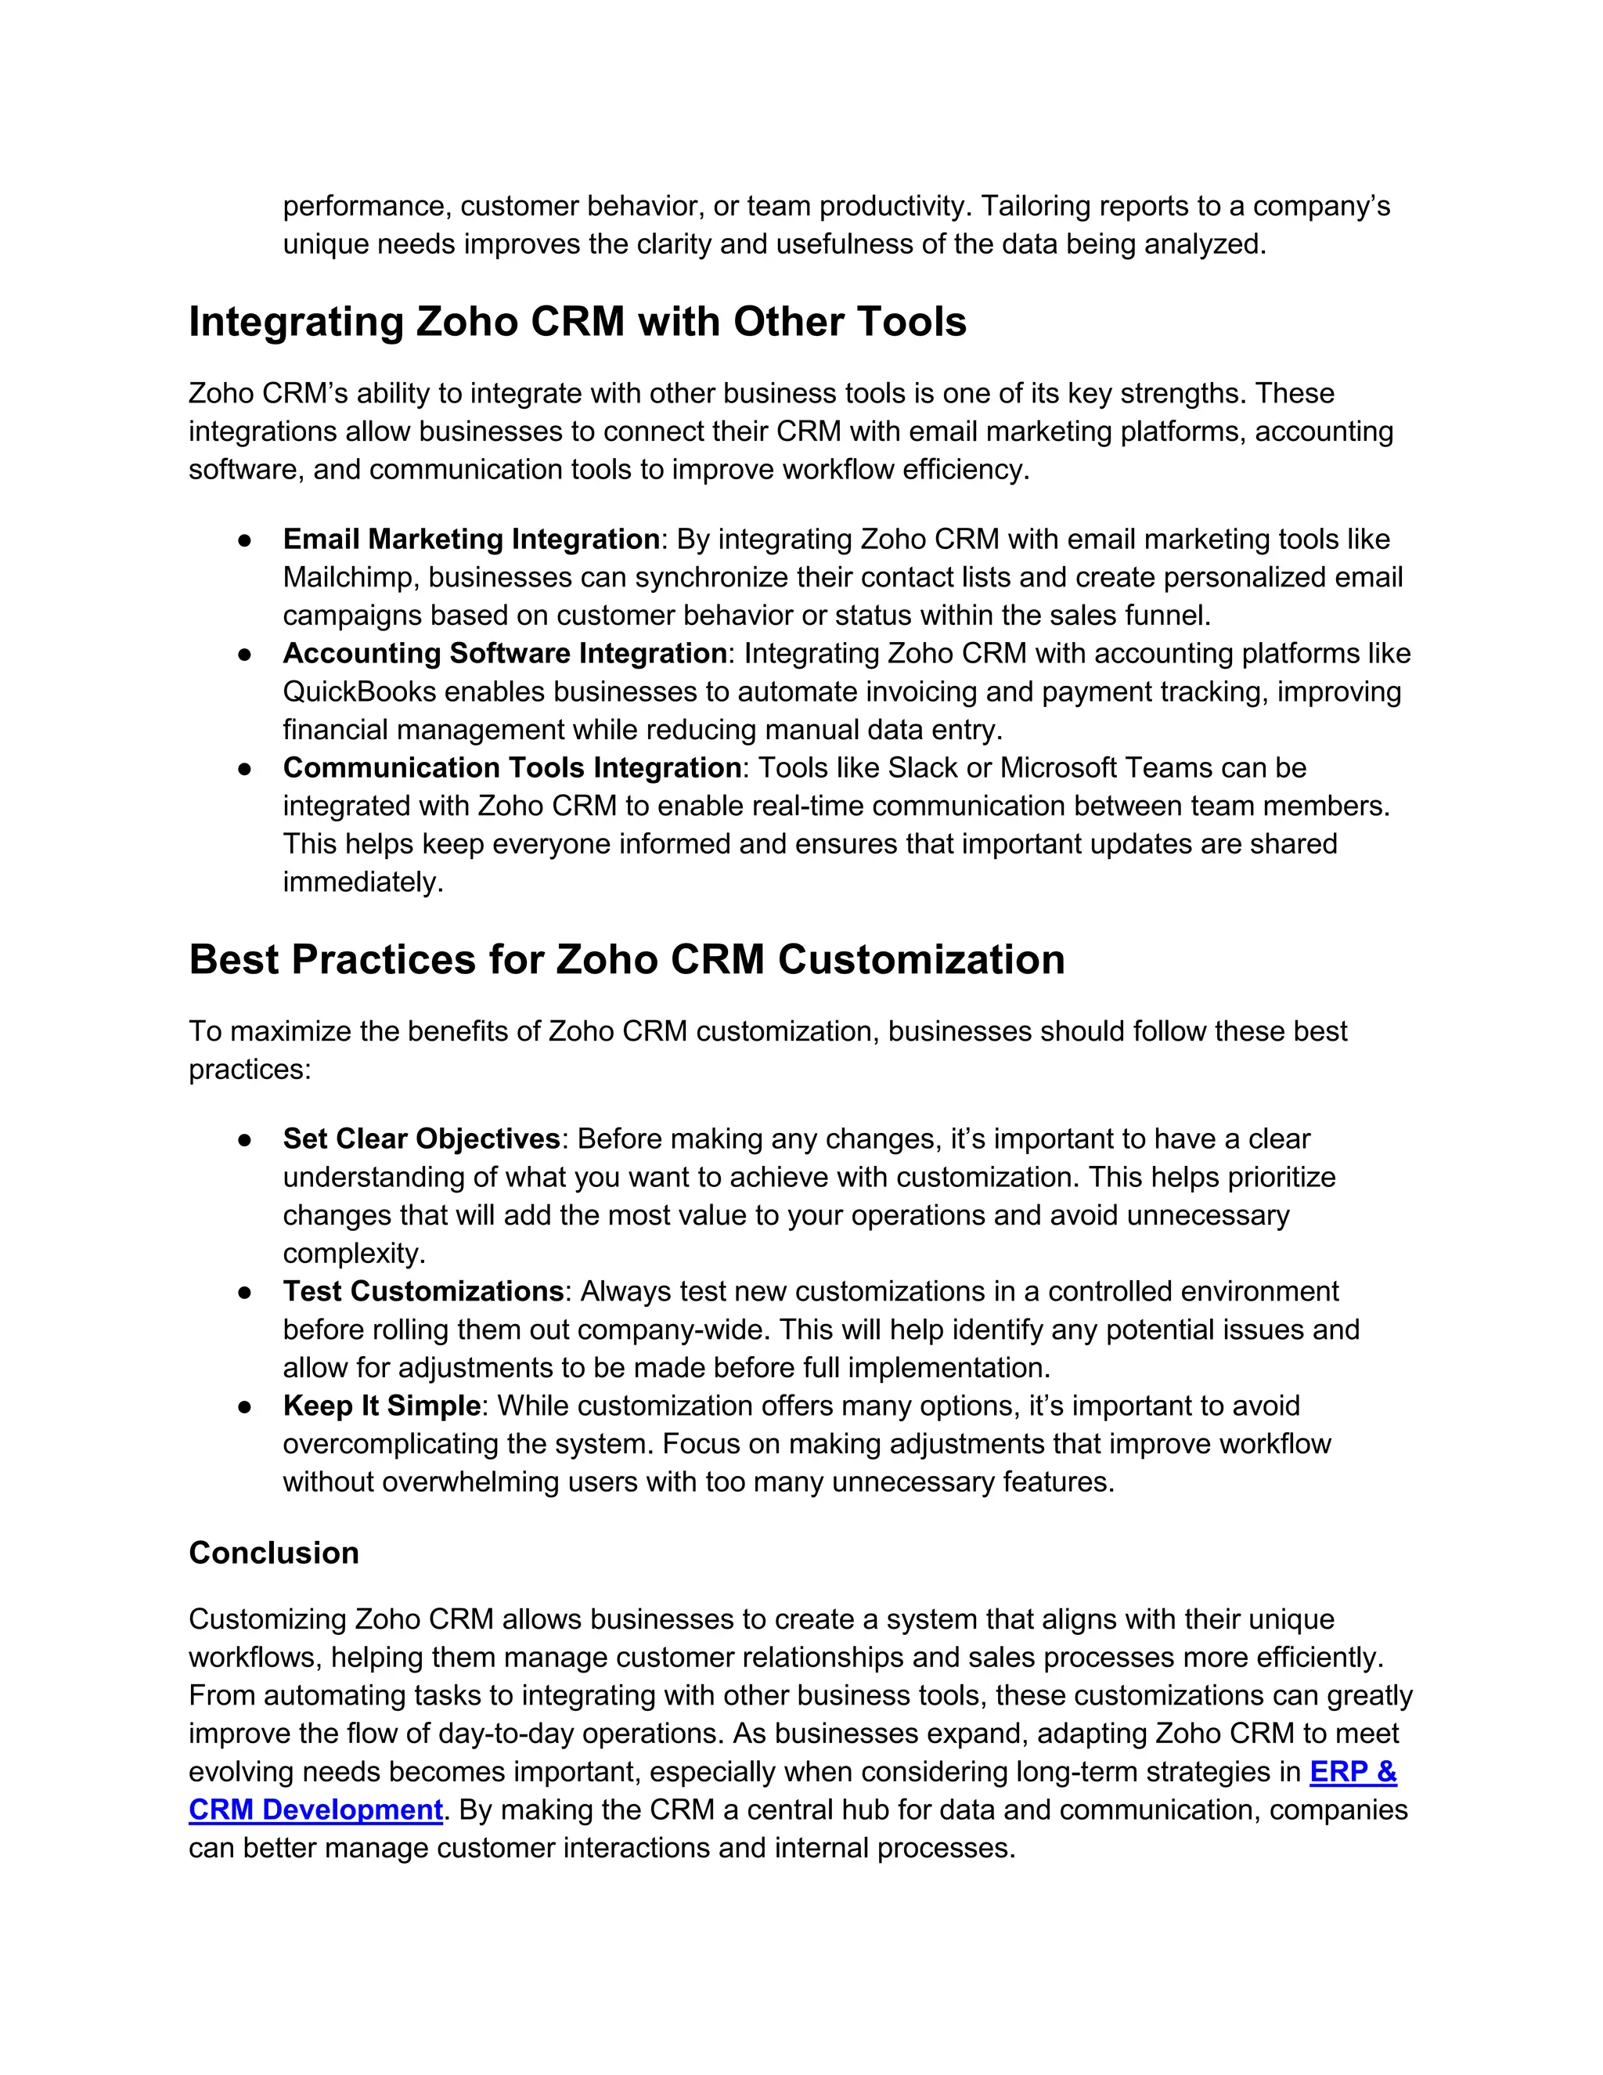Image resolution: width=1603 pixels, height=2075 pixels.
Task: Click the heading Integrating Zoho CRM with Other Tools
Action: point(578,322)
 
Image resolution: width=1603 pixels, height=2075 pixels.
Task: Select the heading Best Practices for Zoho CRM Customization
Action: point(627,960)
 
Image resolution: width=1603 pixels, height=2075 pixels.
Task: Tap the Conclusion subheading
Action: point(273,1553)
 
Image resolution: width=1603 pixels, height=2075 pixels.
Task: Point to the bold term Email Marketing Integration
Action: point(471,539)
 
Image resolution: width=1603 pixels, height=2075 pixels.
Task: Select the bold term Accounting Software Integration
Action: point(504,654)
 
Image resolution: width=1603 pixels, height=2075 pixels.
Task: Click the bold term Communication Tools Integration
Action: point(512,767)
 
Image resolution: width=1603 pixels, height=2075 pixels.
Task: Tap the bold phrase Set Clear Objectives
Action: point(422,1139)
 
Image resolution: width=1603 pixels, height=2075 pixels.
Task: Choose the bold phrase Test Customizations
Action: point(423,1291)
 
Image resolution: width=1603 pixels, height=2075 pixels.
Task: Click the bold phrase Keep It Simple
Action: point(382,1406)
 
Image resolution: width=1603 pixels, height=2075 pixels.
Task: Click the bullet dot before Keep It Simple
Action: point(244,1406)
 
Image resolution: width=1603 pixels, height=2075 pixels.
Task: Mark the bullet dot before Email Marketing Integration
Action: point(244,540)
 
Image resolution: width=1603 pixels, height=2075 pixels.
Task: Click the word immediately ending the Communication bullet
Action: point(362,882)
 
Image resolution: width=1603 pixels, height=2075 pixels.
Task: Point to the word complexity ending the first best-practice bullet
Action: point(352,1254)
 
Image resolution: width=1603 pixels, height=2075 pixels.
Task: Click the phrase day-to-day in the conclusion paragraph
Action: point(506,1734)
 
